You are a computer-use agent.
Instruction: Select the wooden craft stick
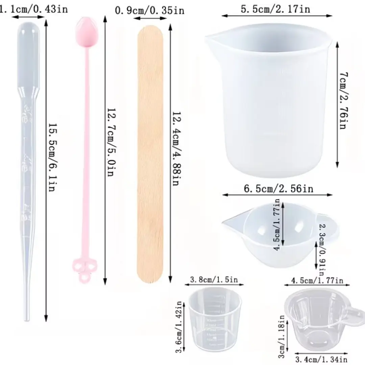coord(150,154)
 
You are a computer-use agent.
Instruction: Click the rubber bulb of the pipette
coord(29,56)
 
